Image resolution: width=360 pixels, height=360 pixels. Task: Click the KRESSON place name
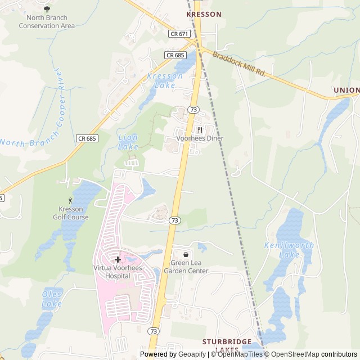(x=204, y=14)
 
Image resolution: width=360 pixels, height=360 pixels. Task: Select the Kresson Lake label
(x=165, y=80)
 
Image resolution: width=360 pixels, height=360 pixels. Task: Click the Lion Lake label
(x=128, y=142)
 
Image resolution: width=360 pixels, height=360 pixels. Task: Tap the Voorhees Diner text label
(x=200, y=138)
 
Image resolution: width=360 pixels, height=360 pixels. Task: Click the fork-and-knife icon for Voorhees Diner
(x=200, y=130)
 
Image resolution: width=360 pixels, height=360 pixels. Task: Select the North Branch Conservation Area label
(x=47, y=22)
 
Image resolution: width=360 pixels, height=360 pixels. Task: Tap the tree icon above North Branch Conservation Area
(x=47, y=10)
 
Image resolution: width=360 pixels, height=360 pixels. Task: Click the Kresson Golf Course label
(x=70, y=213)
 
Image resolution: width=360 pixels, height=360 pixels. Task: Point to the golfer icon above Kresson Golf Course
(x=70, y=200)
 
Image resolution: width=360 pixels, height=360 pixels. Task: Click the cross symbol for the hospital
(x=118, y=259)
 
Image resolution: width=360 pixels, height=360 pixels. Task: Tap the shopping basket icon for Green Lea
(x=186, y=254)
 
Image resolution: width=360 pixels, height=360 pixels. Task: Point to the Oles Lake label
(x=52, y=299)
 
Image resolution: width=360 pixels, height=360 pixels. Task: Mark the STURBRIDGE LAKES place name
(x=228, y=345)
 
